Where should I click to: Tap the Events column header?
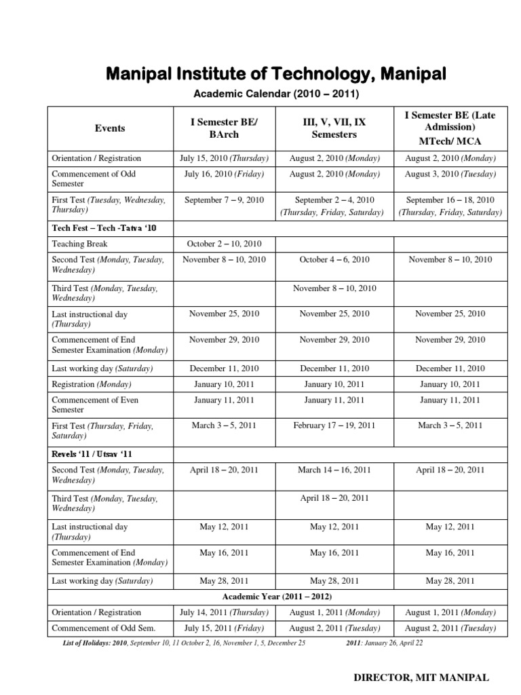[x=109, y=128]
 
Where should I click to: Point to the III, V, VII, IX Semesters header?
[x=334, y=128]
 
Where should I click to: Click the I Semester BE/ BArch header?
[x=224, y=128]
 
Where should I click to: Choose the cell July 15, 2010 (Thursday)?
[x=224, y=158]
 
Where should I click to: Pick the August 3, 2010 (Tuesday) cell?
[x=450, y=174]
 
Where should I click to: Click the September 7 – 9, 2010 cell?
[x=224, y=200]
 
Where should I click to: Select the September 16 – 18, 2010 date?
[x=450, y=200]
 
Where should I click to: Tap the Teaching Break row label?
[x=79, y=244]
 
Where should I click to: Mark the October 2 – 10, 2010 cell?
[x=224, y=244]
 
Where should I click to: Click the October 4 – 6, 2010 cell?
[x=334, y=259]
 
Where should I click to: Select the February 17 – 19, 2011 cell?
[x=334, y=426]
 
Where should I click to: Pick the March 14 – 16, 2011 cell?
[x=334, y=469]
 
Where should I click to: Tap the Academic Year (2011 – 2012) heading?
[x=277, y=597]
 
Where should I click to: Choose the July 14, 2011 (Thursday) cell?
[x=224, y=612]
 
